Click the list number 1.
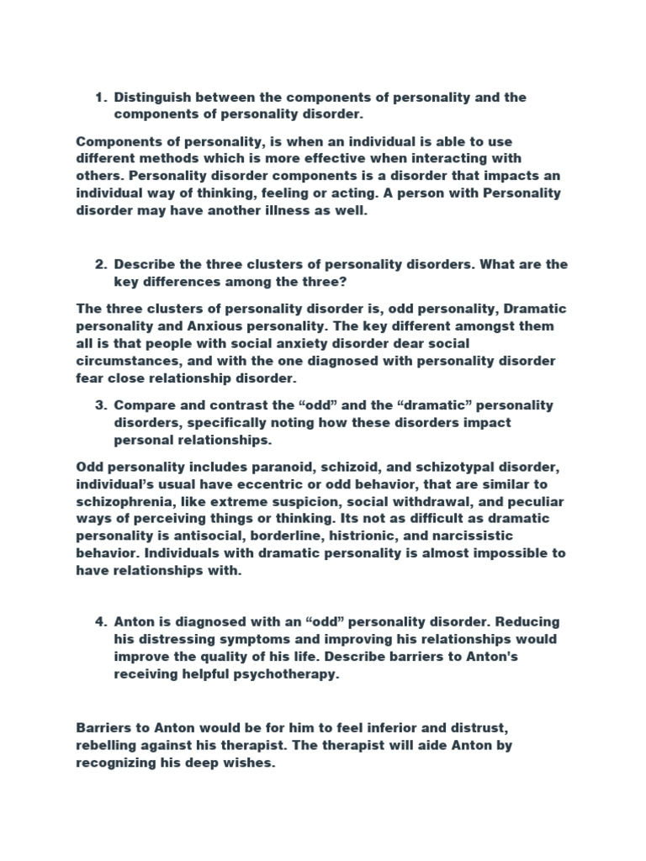tap(99, 98)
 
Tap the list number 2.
tap(99, 264)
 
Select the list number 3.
tap(99, 405)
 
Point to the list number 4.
tap(99, 621)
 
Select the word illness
tap(306, 214)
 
